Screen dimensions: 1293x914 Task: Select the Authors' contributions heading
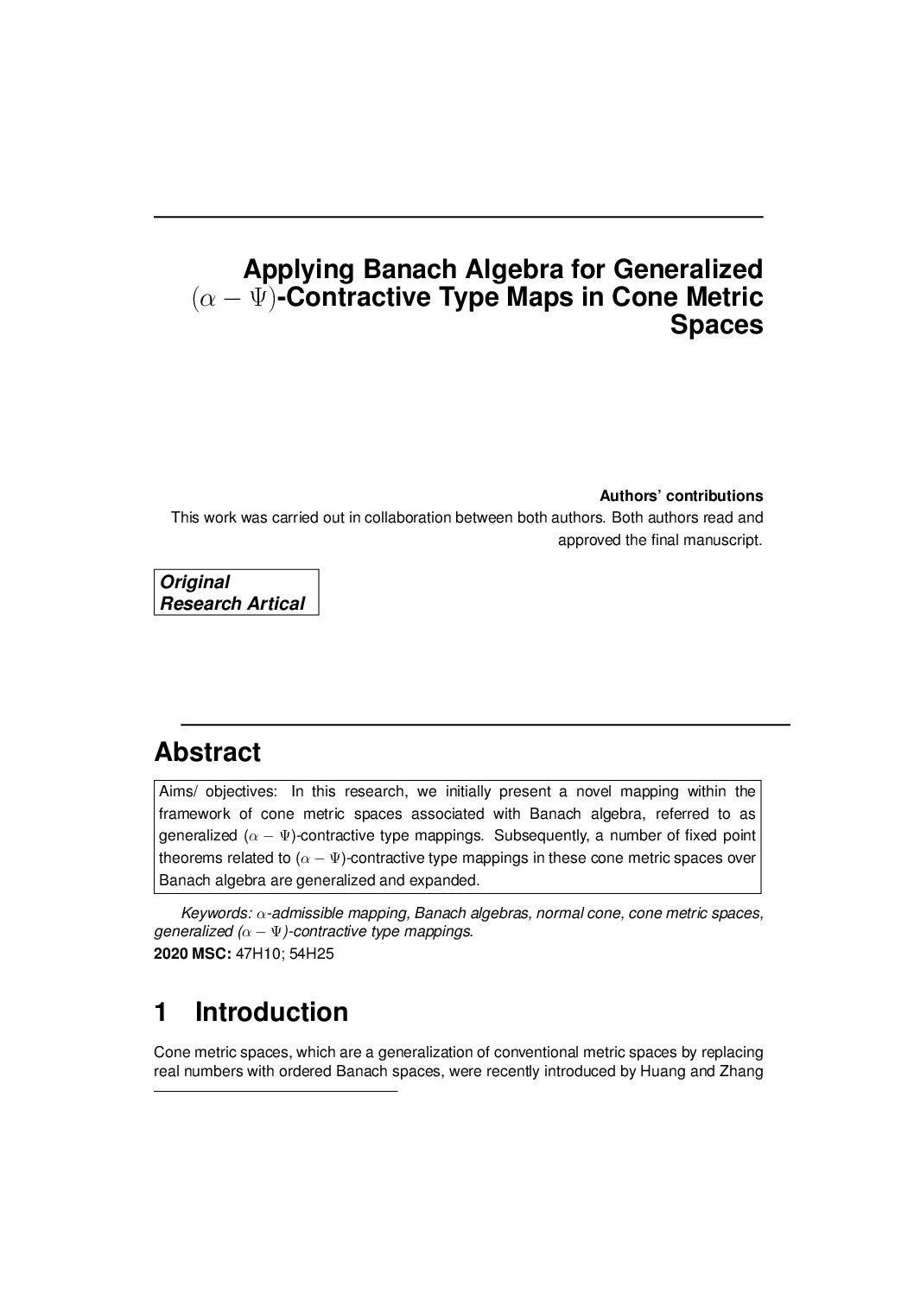click(x=681, y=496)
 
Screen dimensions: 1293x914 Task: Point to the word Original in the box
click(x=195, y=582)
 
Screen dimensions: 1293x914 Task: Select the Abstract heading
click(x=207, y=751)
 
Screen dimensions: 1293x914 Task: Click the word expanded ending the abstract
click(x=449, y=881)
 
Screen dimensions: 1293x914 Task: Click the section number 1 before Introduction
click(x=162, y=1012)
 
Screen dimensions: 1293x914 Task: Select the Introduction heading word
click(x=271, y=1012)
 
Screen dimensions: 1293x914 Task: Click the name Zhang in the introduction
click(x=740, y=1072)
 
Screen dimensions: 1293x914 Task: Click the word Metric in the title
click(x=722, y=298)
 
